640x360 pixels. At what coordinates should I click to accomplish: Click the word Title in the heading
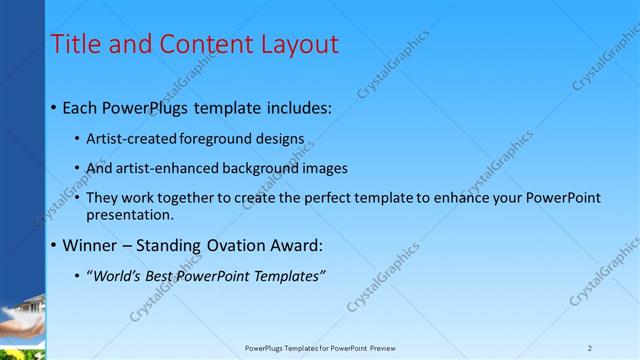point(75,44)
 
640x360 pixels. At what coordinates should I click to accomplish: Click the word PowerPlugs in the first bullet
point(146,108)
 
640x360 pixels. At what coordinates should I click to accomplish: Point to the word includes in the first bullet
point(296,108)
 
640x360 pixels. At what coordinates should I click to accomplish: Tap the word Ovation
point(241,245)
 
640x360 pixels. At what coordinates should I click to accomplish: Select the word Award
point(300,245)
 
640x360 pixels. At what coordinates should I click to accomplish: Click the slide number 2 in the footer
point(590,348)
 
